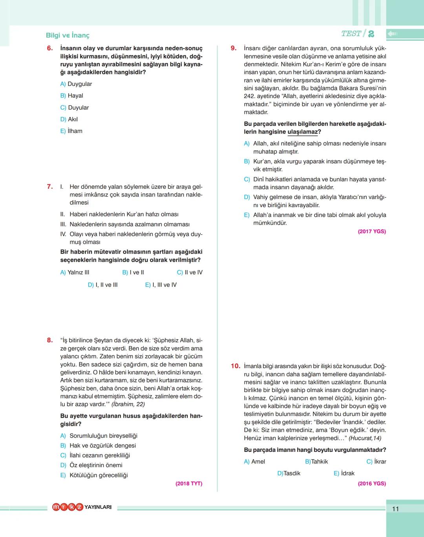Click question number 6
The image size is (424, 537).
pos(50,48)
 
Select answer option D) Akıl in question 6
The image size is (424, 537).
pos(69,119)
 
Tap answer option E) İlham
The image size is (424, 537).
pos(71,131)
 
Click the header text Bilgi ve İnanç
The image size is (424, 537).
pos(68,35)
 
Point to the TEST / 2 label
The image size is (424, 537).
pos(357,34)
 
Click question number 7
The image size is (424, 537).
pos(50,187)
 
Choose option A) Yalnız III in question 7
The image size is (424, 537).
pos(75,272)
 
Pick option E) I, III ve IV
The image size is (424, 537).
pos(161,285)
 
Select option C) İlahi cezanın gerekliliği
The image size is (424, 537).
pos(95,455)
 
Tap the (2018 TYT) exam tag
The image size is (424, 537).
pos(189,484)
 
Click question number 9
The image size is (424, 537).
pos(234,48)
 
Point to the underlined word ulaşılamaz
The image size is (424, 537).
pos(303,132)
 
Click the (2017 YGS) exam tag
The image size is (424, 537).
pos(372,232)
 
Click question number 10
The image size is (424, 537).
pos(236,366)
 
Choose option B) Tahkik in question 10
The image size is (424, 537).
pos(316,462)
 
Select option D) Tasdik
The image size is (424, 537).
pos(289,473)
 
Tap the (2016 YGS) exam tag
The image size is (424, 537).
pos(372,484)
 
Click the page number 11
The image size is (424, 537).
pos(395,509)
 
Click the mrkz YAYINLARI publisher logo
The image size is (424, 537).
pos(82,507)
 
